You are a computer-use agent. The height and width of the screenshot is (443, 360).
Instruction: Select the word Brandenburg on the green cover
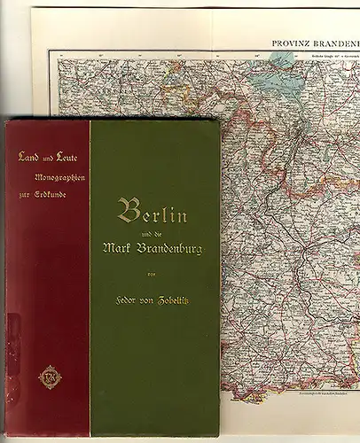point(173,249)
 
